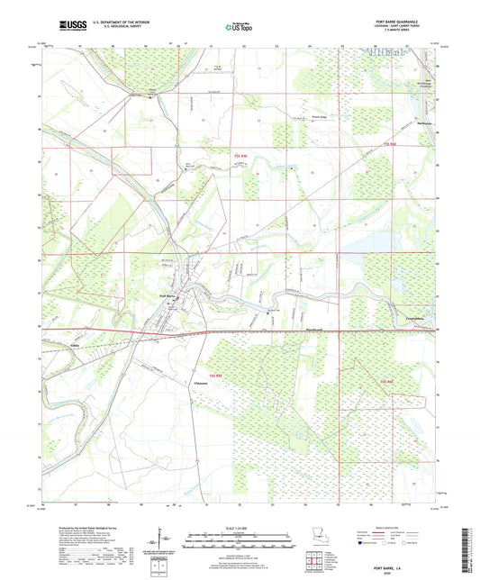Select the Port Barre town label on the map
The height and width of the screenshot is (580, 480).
tap(168, 295)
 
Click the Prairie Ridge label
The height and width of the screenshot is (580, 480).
tap(294, 117)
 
